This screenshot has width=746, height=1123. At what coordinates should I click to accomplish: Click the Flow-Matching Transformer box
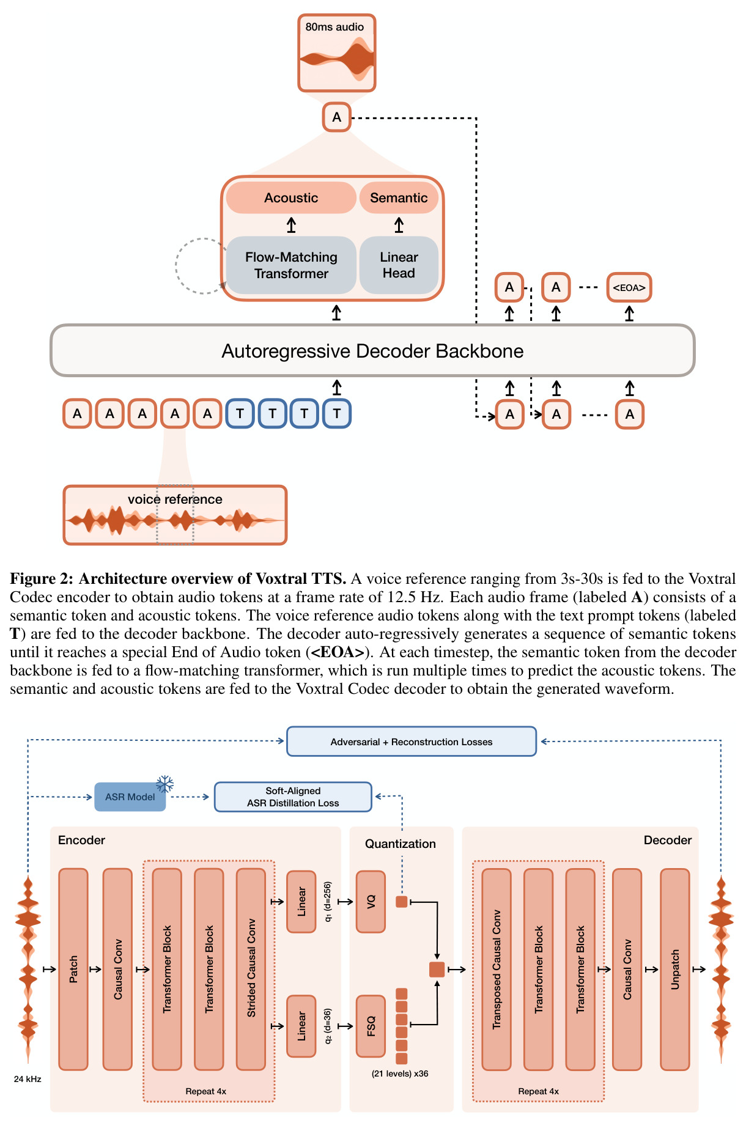click(291, 265)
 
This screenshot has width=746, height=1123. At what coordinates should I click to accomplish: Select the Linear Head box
click(399, 265)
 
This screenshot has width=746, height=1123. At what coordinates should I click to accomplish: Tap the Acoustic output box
click(291, 197)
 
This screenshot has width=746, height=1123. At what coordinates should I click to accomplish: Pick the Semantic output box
click(399, 197)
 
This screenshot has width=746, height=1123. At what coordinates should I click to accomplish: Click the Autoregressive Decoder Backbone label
click(372, 351)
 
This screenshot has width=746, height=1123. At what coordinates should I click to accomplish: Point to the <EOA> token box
click(629, 287)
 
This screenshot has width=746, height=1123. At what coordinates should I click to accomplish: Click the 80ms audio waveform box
click(336, 53)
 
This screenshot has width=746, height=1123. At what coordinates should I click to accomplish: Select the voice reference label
click(175, 499)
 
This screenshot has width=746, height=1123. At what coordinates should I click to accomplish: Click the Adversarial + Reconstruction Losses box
click(412, 742)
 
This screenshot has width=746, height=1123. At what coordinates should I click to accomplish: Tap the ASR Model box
click(130, 797)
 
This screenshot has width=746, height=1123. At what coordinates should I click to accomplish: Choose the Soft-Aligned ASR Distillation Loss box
click(293, 797)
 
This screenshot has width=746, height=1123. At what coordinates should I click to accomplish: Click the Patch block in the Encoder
click(73, 969)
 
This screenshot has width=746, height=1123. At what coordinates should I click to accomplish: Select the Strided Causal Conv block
click(251, 969)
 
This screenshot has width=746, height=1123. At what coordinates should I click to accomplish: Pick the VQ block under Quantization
click(371, 902)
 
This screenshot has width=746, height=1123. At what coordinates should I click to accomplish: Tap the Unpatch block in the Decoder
click(675, 969)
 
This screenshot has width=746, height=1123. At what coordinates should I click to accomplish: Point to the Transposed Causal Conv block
click(497, 969)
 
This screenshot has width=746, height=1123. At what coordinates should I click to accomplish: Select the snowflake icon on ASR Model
click(165, 784)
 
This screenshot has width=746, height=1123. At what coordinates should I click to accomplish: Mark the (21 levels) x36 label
click(400, 1073)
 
